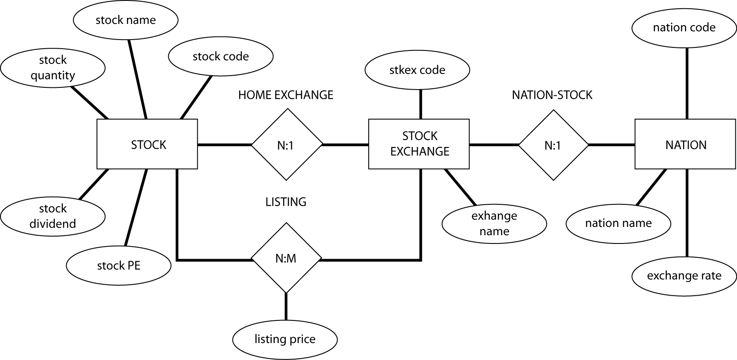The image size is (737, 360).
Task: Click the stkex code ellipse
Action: pos(417,70)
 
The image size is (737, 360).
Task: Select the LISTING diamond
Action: pos(286,202)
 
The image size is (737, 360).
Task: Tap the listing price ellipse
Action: pos(285,340)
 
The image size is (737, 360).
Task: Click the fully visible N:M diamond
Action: pos(286,258)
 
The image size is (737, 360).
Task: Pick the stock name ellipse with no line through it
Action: pos(126,20)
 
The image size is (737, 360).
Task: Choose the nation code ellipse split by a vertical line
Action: pos(684,86)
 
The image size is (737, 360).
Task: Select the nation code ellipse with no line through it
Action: pos(684,27)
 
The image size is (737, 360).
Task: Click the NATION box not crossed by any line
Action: pos(686,145)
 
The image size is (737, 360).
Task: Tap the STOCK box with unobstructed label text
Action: pos(148,145)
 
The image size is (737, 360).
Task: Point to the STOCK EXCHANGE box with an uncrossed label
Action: pos(419,144)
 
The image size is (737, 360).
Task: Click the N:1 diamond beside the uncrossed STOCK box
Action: pos(286,145)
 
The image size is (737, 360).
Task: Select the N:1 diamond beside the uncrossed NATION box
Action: pos(553,145)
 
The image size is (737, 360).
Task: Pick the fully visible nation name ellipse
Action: pos(618,223)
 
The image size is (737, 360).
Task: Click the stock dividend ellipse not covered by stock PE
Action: pos(53,216)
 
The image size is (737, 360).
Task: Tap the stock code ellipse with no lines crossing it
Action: pos(220,57)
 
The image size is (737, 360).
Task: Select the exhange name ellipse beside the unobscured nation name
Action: pos(494,223)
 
